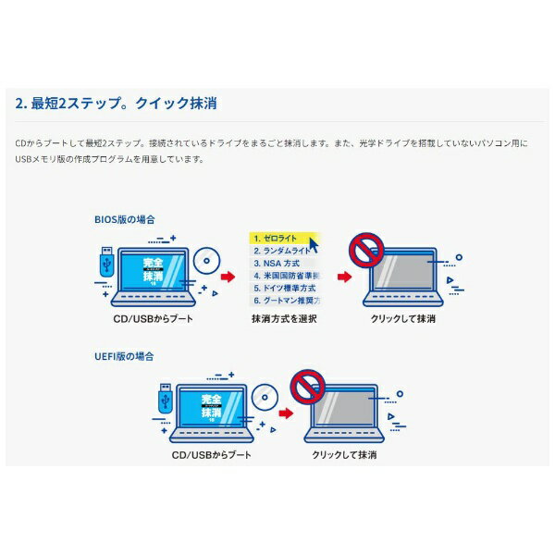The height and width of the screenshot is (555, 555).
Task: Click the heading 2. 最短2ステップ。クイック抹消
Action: [x=117, y=104]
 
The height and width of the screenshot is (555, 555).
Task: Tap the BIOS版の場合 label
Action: [x=124, y=219]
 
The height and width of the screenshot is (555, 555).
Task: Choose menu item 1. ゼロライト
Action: [x=277, y=238]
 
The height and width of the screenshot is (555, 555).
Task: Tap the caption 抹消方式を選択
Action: [x=284, y=319]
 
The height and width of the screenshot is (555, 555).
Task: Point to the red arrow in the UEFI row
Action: [x=287, y=413]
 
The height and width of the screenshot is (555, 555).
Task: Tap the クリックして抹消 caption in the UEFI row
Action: [x=344, y=455]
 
